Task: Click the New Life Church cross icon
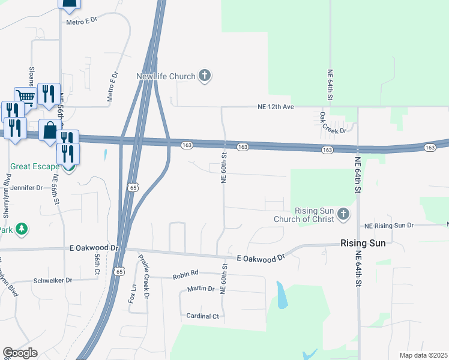[x=205, y=76]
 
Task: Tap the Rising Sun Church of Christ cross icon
[x=343, y=214]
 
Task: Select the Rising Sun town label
[x=363, y=244]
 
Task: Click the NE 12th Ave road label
[x=276, y=107]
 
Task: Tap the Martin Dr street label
[x=200, y=289]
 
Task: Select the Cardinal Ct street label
[x=203, y=316]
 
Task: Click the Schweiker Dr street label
[x=52, y=280]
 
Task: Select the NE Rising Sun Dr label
[x=390, y=226]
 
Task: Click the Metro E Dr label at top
[x=82, y=22]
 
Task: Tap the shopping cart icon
[x=25, y=97]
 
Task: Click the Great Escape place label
[x=34, y=166]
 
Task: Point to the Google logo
[x=20, y=353]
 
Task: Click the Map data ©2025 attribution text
[x=423, y=355]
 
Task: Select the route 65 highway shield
[x=131, y=188]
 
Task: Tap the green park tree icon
[x=22, y=229]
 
